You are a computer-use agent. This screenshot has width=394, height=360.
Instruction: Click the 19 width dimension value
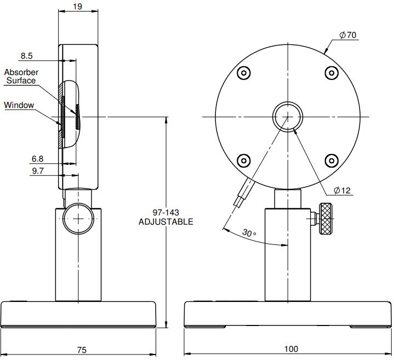pyautogui.click(x=78, y=7)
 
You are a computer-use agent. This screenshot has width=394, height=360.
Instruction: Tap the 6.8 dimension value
pyautogui.click(x=37, y=159)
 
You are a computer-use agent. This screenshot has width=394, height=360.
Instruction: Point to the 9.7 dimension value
pyautogui.click(x=37, y=172)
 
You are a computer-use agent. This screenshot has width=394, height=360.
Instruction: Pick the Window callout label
pyautogui.click(x=19, y=105)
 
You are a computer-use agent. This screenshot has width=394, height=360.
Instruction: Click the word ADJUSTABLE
pyautogui.click(x=165, y=222)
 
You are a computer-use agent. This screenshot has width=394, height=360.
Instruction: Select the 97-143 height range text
pyautogui.click(x=165, y=213)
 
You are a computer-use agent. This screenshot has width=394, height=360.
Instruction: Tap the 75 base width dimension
pyautogui.click(x=82, y=350)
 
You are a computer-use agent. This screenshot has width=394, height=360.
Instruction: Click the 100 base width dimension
pyautogui.click(x=291, y=350)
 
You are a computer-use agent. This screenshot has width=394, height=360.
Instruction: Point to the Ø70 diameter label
pyautogui.click(x=348, y=35)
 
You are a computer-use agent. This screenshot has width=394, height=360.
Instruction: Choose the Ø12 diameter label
pyautogui.click(x=342, y=191)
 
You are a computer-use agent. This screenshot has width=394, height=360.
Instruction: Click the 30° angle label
pyautogui.click(x=249, y=233)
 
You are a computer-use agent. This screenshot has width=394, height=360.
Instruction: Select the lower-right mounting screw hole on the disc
pyautogui.click(x=331, y=160)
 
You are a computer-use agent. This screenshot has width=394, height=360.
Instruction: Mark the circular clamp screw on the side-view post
pyautogui.click(x=78, y=219)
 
